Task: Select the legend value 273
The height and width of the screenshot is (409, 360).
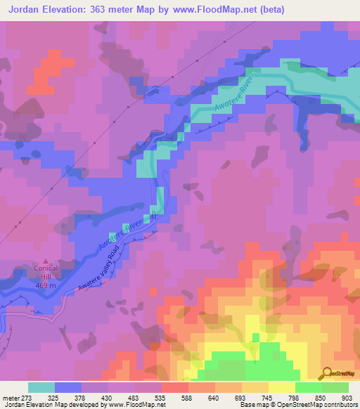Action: pos(25,398)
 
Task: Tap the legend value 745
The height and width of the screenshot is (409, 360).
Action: pos(288,398)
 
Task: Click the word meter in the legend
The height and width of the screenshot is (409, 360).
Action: pos(10,398)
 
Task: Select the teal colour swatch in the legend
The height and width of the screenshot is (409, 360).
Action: pos(41,387)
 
